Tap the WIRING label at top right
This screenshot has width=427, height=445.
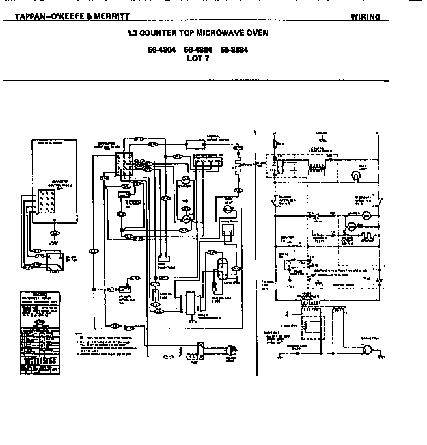pyautogui.click(x=365, y=16)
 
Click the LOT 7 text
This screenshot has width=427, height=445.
pyautogui.click(x=197, y=58)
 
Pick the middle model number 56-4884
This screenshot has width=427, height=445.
pyautogui.click(x=197, y=49)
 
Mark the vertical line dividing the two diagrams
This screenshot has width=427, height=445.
pyautogui.click(x=257, y=254)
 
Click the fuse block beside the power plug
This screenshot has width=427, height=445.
pyautogui.click(x=192, y=356)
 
